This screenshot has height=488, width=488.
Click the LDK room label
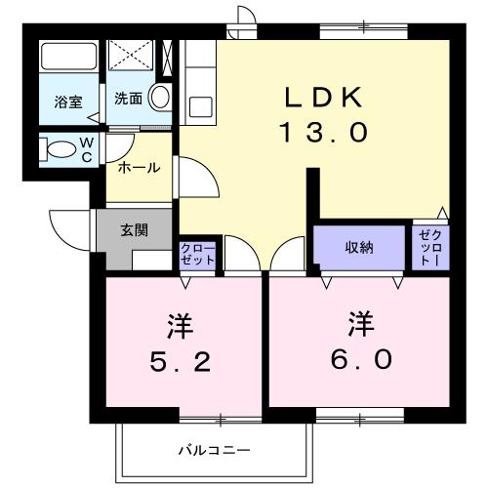pyautogui.click(x=324, y=98)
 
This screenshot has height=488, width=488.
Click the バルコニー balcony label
pyautogui.click(x=214, y=450)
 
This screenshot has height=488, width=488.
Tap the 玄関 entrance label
pyautogui.click(x=134, y=230)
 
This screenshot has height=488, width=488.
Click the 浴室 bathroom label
pyautogui.click(x=68, y=100)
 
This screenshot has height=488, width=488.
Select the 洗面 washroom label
pyautogui.click(x=127, y=99)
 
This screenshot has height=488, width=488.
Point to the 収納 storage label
pyautogui.click(x=358, y=247)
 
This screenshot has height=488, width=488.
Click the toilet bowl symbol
pyautogui.click(x=63, y=150)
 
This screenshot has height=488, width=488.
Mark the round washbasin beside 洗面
pyautogui.click(x=163, y=99)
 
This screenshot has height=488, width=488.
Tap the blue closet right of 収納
pyautogui.click(x=429, y=249)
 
